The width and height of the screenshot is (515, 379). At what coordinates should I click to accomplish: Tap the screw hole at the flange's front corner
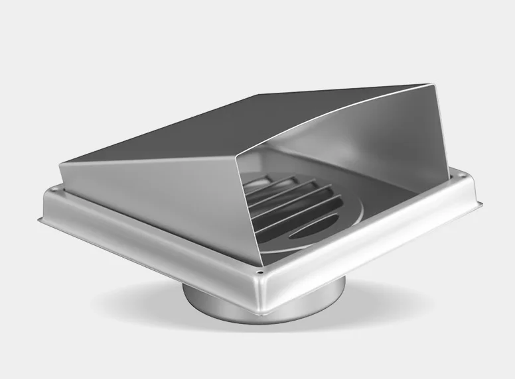(x=261, y=272)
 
